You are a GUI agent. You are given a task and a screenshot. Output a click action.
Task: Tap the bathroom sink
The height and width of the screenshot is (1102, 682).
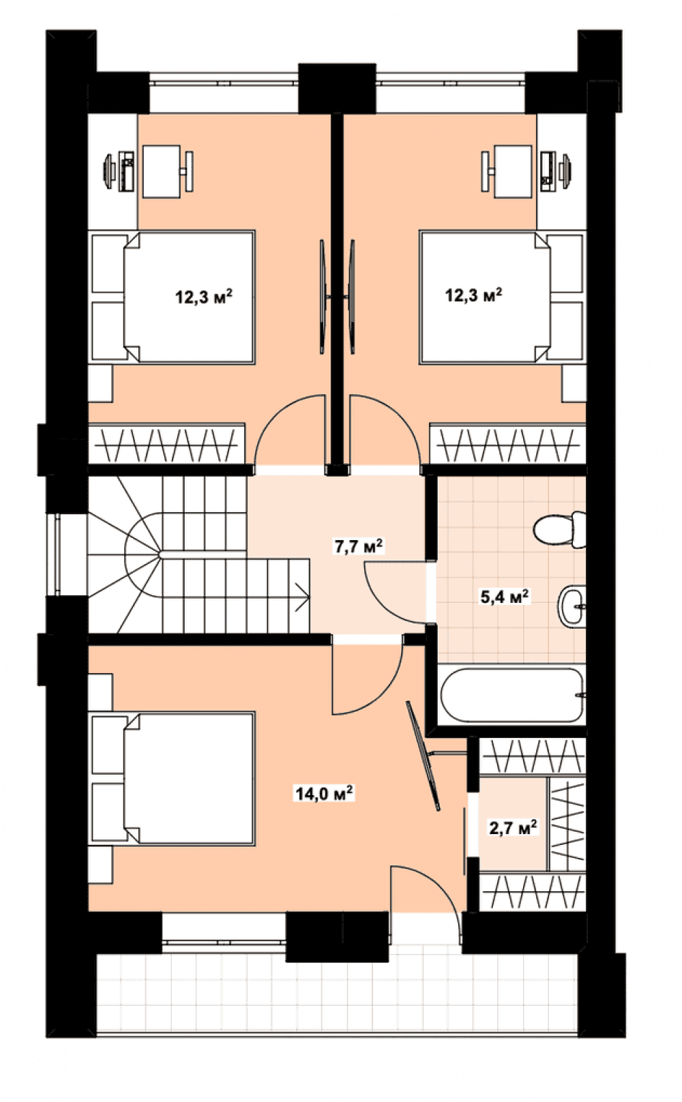pos(572,606)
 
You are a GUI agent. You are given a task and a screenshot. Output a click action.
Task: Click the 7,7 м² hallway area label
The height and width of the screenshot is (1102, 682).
pos(359,547)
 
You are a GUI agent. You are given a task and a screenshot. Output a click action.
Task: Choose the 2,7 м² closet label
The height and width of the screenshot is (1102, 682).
pos(513,828)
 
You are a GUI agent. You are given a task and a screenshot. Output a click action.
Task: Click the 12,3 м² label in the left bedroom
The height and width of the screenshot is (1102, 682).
pos(204,297)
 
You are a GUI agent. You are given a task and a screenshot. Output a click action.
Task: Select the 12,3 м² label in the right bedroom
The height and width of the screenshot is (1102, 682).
pos(473,295)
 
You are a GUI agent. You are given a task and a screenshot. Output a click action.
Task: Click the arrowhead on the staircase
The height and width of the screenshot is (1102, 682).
pos(303,597)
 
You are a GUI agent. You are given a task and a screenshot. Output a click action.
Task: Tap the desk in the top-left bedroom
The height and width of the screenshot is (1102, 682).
pos(162,172)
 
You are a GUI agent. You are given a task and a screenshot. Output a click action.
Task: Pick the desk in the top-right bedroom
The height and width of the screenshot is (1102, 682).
pos(513,172)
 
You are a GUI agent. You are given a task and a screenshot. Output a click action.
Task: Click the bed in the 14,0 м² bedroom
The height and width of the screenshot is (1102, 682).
pos(173,779)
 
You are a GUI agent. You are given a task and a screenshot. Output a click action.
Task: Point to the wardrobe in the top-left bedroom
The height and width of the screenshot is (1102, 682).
pos(166,444)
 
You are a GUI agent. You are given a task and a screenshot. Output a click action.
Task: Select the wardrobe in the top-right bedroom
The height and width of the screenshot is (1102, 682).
pos(508,444)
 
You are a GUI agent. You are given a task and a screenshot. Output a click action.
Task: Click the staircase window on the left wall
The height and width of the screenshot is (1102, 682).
pos(58,555)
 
